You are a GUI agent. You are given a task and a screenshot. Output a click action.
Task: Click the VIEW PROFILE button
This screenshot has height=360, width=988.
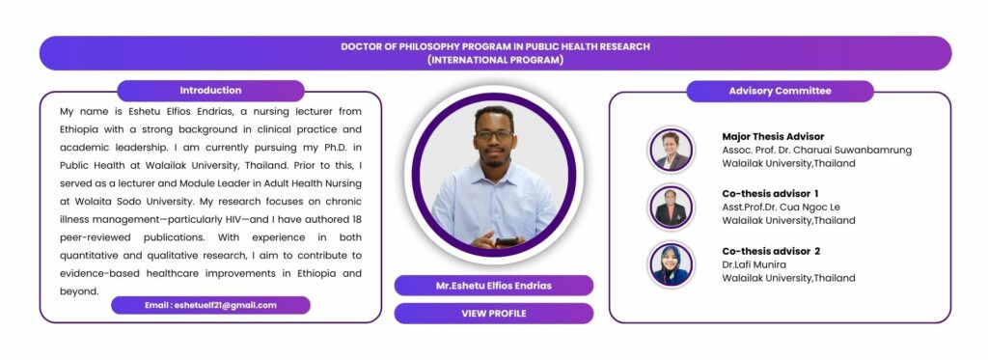click(x=493, y=314)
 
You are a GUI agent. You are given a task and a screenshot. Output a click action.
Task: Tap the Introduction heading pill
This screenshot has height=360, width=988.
click(x=210, y=91)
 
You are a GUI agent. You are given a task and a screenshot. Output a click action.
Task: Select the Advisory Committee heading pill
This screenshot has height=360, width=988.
click(x=780, y=91)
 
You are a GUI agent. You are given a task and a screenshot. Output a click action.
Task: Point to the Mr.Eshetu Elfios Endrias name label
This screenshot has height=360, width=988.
click(x=493, y=286)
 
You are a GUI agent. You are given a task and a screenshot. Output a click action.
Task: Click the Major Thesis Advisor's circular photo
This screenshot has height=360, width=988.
click(x=671, y=150)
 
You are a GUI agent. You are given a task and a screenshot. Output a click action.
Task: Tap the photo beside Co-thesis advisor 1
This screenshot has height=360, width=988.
click(x=671, y=207)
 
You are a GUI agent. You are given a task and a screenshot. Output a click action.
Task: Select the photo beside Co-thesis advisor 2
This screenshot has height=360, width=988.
click(x=671, y=264)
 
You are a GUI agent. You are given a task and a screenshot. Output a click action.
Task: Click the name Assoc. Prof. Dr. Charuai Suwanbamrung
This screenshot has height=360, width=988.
click(x=816, y=150)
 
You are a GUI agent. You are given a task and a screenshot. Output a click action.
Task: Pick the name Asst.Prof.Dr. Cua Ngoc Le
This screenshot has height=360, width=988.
click(x=782, y=207)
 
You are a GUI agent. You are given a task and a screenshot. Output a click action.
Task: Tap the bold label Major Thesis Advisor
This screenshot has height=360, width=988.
click(x=773, y=136)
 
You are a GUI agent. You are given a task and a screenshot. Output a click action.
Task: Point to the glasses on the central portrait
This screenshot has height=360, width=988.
click(x=494, y=135)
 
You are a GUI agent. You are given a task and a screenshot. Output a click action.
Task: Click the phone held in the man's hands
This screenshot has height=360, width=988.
click(x=507, y=241)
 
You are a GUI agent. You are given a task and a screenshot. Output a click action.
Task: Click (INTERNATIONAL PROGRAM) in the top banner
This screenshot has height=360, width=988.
click(x=495, y=61)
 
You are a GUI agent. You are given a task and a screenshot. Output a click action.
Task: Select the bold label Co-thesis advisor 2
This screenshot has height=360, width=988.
click(x=771, y=251)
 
